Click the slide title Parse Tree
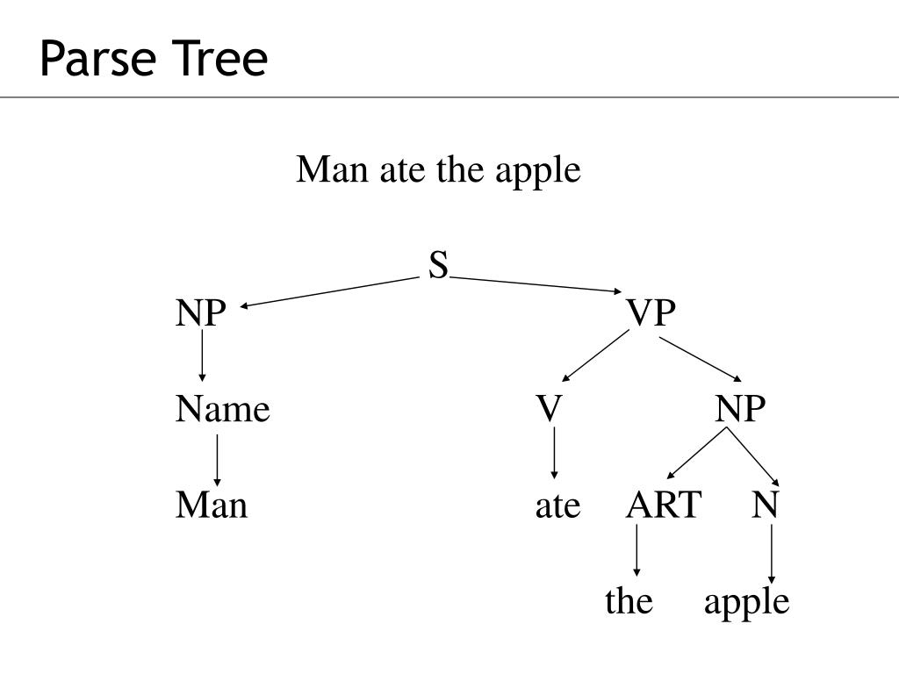click(x=153, y=60)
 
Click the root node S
click(x=438, y=264)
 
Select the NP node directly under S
click(x=200, y=313)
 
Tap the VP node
click(x=651, y=313)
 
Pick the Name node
click(x=222, y=409)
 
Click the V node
click(x=549, y=409)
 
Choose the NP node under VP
click(x=740, y=409)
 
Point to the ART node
click(x=664, y=505)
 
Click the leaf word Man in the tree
click(x=212, y=505)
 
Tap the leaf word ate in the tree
click(x=557, y=506)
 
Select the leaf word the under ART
click(x=629, y=602)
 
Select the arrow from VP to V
click(x=595, y=356)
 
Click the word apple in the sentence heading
click(x=537, y=171)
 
